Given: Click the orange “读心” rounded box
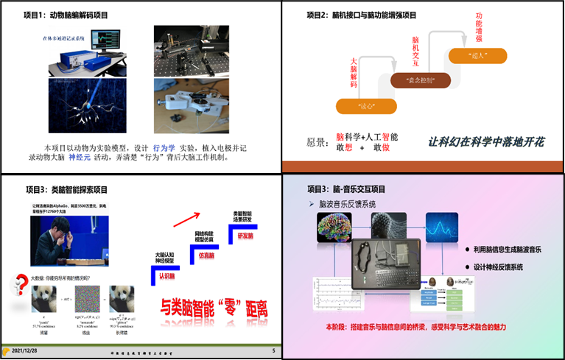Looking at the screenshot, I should (x=366, y=106).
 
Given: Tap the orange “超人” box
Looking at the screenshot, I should (x=477, y=55).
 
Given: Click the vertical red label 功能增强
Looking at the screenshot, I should (x=479, y=27).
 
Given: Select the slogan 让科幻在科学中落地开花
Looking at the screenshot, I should (x=486, y=142).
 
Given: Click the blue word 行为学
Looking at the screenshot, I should (x=165, y=147).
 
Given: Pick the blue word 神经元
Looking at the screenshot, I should (x=80, y=158).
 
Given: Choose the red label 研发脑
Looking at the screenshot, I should (x=246, y=236).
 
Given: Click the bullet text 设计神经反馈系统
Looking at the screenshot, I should (x=508, y=267).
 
